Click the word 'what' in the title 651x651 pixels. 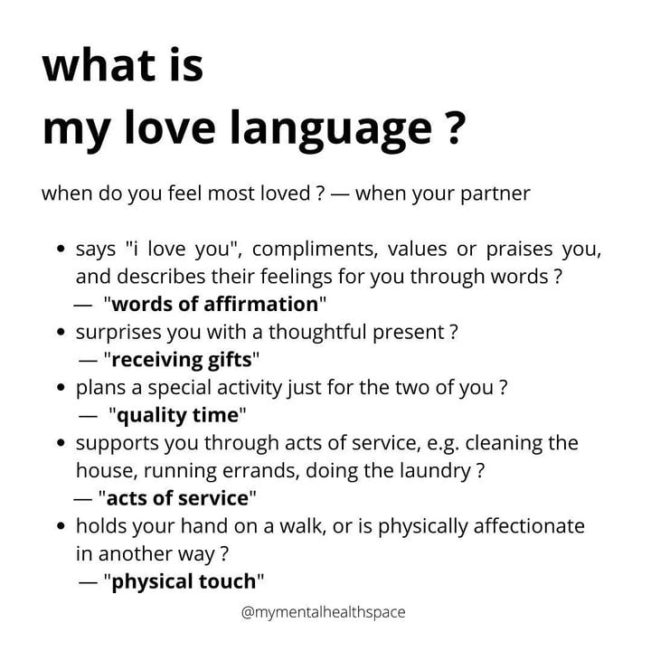99,66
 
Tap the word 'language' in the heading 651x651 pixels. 332,129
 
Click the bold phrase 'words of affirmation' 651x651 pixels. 214,304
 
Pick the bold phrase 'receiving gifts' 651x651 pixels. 182,360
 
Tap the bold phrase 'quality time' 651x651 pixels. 178,415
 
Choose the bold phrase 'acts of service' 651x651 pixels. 177,498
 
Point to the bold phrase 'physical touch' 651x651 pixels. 184,581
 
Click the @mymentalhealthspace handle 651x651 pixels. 323,613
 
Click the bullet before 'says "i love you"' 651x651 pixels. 61,250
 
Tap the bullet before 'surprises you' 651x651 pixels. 61,332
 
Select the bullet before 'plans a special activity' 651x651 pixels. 61,387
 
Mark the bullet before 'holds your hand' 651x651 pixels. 61,526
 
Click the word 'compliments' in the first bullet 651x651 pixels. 315,250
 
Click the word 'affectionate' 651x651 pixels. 529,526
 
